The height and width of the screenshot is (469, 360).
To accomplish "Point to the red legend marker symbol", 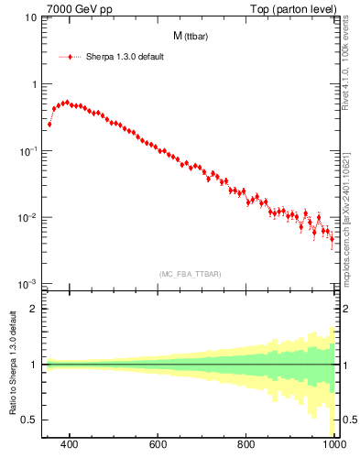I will click(x=70, y=56).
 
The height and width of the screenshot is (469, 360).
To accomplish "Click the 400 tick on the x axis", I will click(x=70, y=444).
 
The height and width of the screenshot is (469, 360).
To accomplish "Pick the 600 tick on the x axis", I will click(x=158, y=444).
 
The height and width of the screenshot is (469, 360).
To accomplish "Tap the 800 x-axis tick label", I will click(x=246, y=444).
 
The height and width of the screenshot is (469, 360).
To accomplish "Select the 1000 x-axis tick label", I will click(x=333, y=444).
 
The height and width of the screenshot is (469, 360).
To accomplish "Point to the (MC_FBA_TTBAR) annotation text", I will click(x=190, y=274).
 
